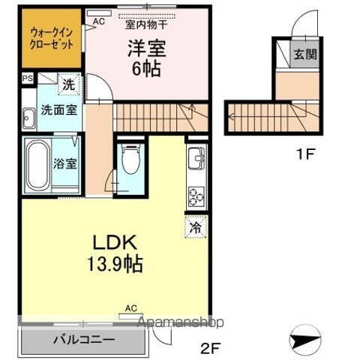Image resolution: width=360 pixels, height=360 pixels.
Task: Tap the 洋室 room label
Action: pos(145,47)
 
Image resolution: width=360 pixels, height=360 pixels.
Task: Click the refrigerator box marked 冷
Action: pos(194,225)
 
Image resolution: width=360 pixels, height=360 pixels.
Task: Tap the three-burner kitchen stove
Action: pos(196,197)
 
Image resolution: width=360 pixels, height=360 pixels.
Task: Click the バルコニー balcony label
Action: pos(83,338)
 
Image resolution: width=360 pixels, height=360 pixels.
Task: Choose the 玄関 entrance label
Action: pos(304,55)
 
